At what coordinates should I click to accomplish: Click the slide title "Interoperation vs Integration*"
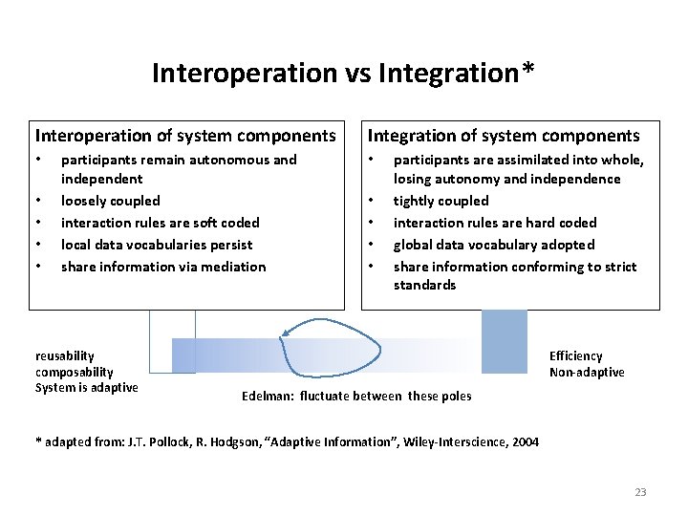[343, 73]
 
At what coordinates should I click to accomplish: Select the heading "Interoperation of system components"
[185, 136]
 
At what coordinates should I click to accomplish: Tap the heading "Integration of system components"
[504, 136]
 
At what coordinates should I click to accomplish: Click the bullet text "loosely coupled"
[110, 201]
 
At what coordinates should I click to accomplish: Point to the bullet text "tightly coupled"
[441, 201]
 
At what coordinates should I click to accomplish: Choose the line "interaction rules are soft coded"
[160, 223]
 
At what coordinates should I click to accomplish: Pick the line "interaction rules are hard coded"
[495, 223]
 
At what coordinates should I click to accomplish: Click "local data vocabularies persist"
[157, 245]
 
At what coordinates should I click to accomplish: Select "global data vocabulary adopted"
[494, 245]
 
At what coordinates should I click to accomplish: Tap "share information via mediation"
[163, 267]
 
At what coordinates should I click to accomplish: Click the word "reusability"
[65, 356]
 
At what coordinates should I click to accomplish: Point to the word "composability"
[75, 372]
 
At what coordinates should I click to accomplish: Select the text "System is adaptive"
[87, 387]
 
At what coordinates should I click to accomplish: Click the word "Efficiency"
[575, 356]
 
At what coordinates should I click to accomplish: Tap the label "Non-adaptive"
[587, 372]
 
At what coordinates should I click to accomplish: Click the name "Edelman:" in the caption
[267, 396]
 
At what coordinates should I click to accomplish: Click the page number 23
[640, 492]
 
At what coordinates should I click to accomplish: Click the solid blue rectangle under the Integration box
[504, 341]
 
